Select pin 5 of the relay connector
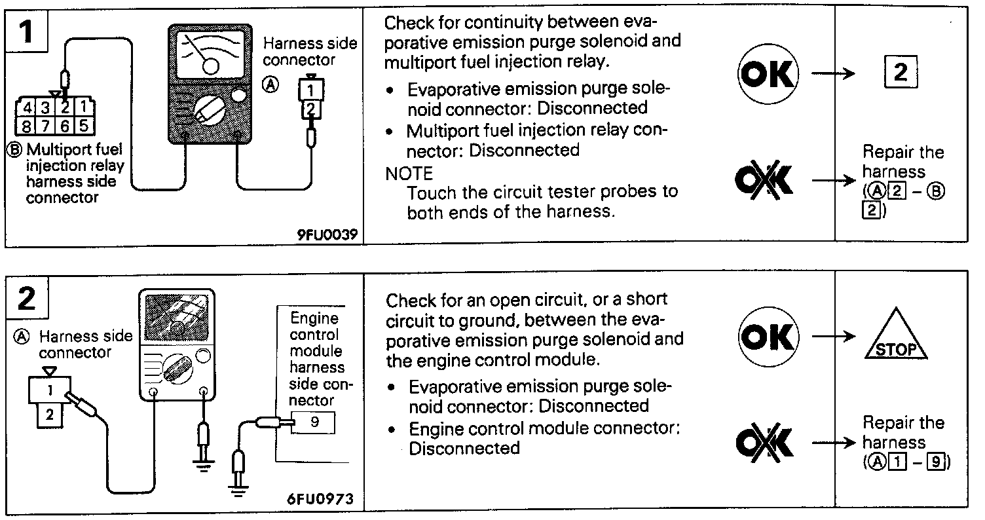[85, 126]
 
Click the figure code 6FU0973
[320, 498]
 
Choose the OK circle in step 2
[770, 338]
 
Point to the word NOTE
[409, 174]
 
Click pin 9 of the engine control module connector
[314, 422]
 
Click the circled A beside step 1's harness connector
[270, 84]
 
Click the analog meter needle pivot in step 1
[211, 66]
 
